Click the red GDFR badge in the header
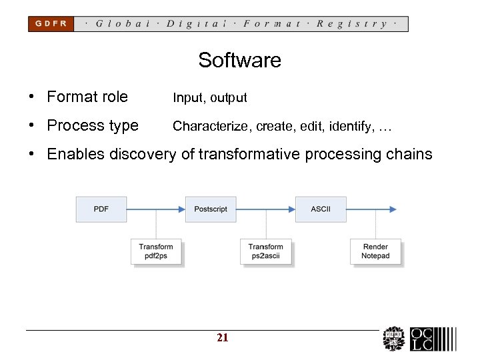click(x=51, y=24)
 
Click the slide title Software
click(x=239, y=61)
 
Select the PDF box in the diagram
click(x=101, y=209)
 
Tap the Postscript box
click(x=211, y=209)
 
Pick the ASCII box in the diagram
click(x=321, y=209)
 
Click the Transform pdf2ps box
click(x=156, y=251)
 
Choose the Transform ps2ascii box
click(x=266, y=251)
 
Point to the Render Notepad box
click(x=375, y=251)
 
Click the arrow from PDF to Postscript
click(x=156, y=209)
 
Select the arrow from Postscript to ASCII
click(x=266, y=209)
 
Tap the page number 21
click(x=223, y=338)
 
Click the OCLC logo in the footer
click(x=432, y=339)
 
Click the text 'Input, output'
click(x=210, y=98)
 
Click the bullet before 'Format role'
click(x=32, y=97)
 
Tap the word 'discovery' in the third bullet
click(x=145, y=155)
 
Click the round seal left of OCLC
click(x=393, y=339)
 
